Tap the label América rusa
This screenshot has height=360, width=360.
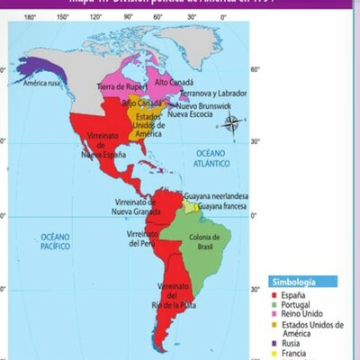tap(48, 84)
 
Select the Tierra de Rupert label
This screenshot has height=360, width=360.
tap(121, 86)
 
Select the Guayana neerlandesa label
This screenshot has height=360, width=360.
tap(217, 195)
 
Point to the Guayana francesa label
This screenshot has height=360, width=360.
tap(221, 206)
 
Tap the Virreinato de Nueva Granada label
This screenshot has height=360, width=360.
tap(135, 207)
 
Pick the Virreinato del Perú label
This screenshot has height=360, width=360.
tap(144, 238)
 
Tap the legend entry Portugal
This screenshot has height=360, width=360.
tap(298, 305)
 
